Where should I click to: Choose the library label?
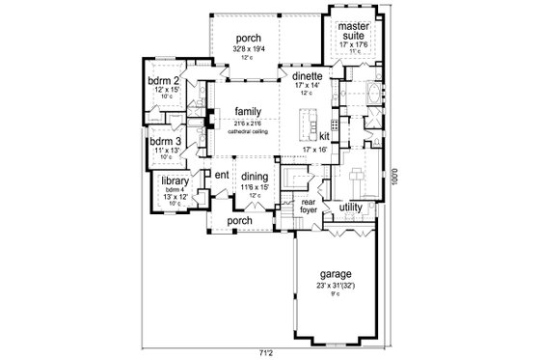click(175, 180)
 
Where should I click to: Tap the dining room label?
click(255, 176)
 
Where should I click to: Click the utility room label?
click(350, 208)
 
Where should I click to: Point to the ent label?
click(221, 175)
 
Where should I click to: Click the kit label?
click(324, 136)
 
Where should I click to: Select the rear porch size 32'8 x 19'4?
click(248, 49)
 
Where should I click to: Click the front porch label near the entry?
click(238, 221)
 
